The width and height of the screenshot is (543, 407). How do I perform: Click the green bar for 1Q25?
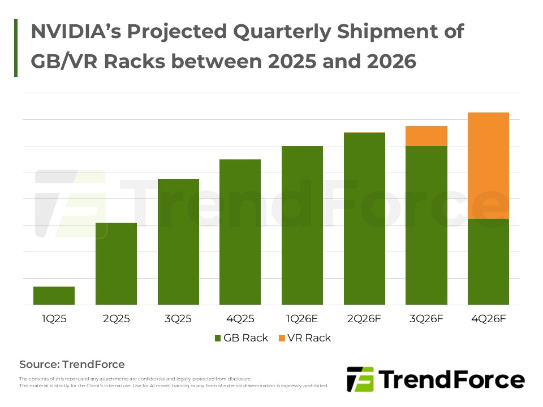coord(54,296)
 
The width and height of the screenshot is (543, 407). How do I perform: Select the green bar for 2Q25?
coord(116,263)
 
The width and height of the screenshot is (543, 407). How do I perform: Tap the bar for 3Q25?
coord(178,242)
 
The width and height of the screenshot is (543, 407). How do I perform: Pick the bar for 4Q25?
coord(240,232)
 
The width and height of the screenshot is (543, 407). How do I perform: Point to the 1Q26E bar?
coord(302,225)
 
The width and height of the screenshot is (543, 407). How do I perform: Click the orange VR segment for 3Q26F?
coord(426,136)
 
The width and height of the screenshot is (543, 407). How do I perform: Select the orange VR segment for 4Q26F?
coord(489,166)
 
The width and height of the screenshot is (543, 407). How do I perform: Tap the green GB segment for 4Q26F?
coord(489,262)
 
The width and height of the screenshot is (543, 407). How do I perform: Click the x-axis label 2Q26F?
coord(364,319)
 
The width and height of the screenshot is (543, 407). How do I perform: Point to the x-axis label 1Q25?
coord(54,319)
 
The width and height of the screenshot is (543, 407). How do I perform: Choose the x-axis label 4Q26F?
coord(489,319)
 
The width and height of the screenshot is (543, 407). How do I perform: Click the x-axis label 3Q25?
coord(178,319)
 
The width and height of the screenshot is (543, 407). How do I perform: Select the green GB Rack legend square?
coord(218,339)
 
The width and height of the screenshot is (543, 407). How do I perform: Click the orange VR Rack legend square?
coord(282,339)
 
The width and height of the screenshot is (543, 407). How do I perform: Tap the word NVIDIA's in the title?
coord(71,32)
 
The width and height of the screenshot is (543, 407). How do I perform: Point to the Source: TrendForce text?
coord(72,365)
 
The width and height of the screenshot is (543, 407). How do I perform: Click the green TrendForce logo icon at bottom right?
coord(360,379)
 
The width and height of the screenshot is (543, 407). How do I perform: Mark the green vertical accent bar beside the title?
coord(16,47)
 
